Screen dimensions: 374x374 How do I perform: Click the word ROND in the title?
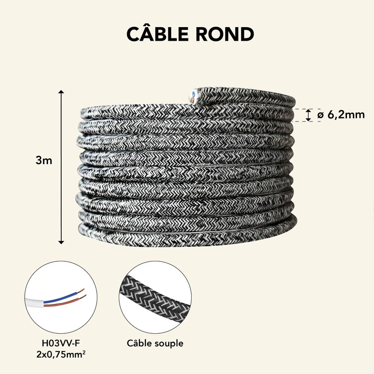230,35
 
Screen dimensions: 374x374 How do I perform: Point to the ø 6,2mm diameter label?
341,115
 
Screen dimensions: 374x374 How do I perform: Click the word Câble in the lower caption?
140,343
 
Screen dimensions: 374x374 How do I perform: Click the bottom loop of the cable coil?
187,230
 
